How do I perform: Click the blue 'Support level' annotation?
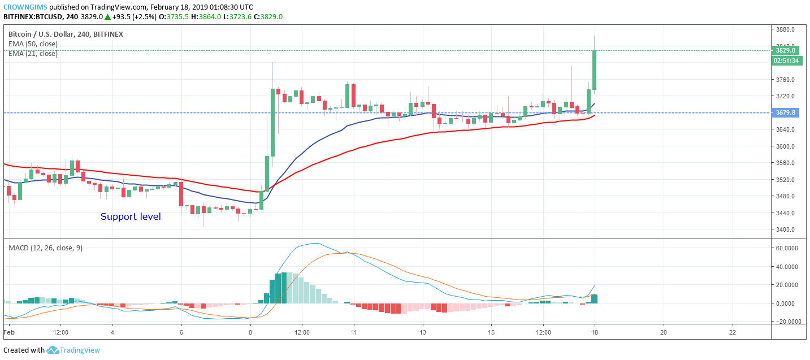tap(131, 216)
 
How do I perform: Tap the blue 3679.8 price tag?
tap(786, 113)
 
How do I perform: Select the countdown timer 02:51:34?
tap(786, 61)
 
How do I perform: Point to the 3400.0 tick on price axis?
tap(786, 230)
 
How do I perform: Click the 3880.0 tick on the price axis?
tap(786, 29)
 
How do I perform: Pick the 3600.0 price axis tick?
tap(786, 146)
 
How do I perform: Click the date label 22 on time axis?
tap(733, 332)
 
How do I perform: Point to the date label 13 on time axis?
tap(422, 332)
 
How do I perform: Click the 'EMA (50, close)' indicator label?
tap(33, 44)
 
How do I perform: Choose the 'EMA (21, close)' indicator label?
tap(33, 54)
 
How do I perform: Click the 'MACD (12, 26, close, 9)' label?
tap(45, 248)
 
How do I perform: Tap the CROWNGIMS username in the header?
tap(24, 7)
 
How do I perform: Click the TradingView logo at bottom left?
tap(73, 350)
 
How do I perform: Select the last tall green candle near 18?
tap(595, 70)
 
